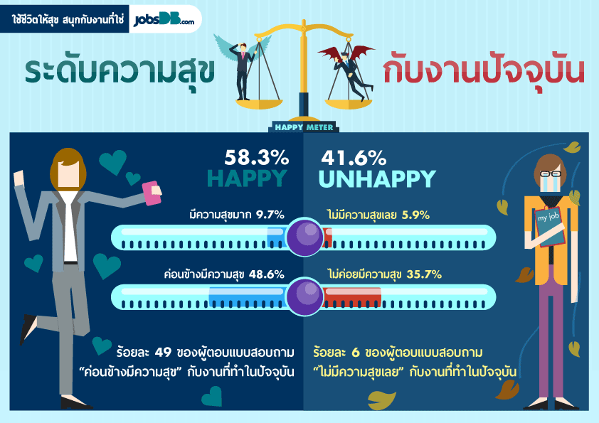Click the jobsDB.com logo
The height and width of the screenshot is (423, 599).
tap(164, 19)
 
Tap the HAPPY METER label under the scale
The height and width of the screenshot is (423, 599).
tap(304, 127)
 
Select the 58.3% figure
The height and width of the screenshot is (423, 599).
tap(256, 157)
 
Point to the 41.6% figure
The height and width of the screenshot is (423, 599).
tap(354, 158)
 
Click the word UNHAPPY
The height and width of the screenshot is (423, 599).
tap(377, 178)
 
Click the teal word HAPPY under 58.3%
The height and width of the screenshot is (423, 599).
tap(247, 178)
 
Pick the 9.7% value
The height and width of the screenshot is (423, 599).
tap(270, 215)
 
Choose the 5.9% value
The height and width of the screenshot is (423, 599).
tap(415, 215)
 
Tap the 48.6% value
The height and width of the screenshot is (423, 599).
tap(267, 274)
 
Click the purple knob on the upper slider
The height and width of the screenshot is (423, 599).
tap(304, 237)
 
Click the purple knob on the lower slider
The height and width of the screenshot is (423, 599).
tap(304, 296)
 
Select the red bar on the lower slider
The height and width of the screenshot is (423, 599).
tap(352, 297)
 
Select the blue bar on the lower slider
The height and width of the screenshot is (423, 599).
tap(247, 297)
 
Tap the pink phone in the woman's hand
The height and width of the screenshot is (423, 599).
tap(152, 193)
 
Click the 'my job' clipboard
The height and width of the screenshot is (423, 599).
tap(549, 227)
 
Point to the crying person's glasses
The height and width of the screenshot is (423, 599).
tap(551, 174)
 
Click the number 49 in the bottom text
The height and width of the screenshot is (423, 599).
tap(163, 352)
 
